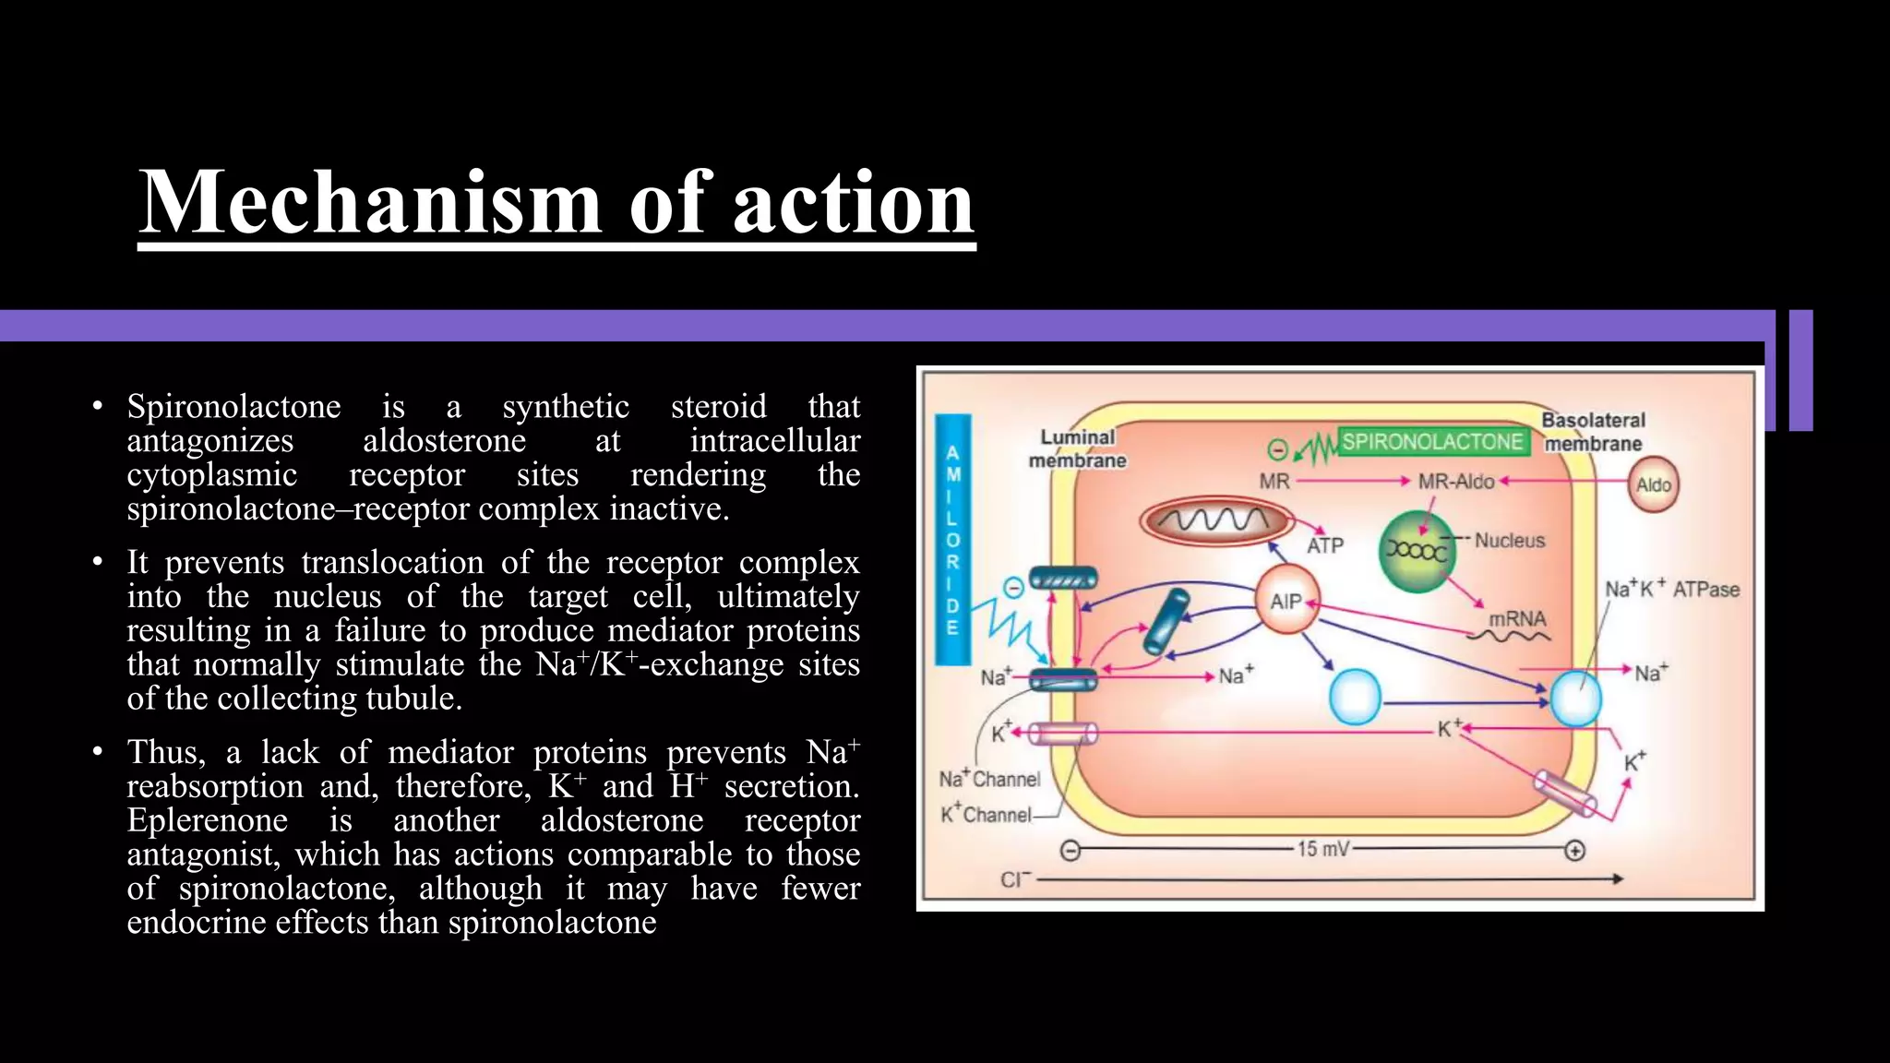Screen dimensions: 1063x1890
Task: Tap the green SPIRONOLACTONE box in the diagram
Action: (1431, 442)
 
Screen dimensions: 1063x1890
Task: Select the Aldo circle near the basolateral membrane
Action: (1653, 485)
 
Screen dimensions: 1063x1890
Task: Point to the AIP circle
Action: (1286, 602)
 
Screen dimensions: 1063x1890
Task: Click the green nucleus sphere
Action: (1417, 551)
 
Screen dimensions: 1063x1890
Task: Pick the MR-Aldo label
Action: (1455, 482)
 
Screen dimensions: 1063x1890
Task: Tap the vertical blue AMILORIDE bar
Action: (952, 540)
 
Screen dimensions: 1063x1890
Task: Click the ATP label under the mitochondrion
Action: (1325, 545)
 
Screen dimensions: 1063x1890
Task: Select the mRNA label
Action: (1517, 618)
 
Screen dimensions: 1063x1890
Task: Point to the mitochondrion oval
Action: (1214, 521)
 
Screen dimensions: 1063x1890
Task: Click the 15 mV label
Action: (1323, 849)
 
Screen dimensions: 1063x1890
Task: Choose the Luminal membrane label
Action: (1077, 448)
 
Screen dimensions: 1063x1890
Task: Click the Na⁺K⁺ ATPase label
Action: (1671, 590)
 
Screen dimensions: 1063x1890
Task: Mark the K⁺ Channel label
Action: (986, 815)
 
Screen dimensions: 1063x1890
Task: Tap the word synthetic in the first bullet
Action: (566, 406)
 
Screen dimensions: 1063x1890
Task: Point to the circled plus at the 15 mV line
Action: (1575, 850)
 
